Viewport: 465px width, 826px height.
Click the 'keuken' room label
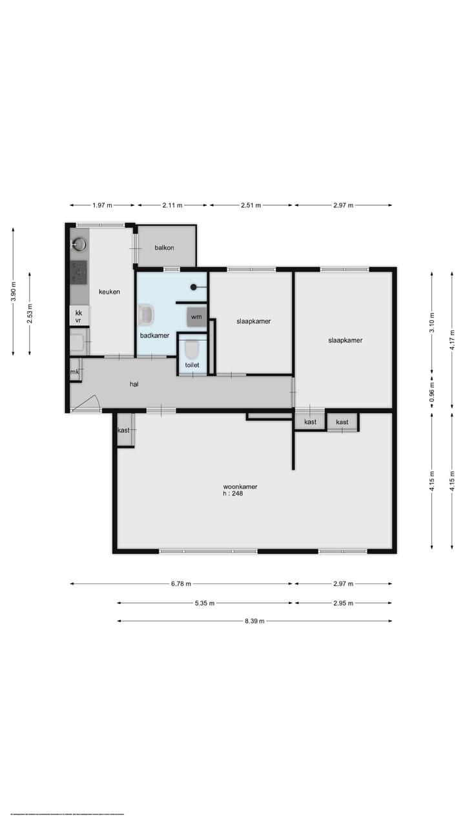pyautogui.click(x=109, y=292)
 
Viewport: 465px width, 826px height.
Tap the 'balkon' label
pyautogui.click(x=165, y=248)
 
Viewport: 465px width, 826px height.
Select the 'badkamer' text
pyautogui.click(x=154, y=336)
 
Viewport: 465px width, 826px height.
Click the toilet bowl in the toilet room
pyautogui.click(x=192, y=350)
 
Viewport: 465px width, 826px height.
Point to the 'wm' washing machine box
pyautogui.click(x=196, y=317)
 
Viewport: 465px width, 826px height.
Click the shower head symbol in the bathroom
pyautogui.click(x=193, y=287)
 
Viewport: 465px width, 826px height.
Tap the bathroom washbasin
pyautogui.click(x=147, y=315)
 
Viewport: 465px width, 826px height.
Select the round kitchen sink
pyautogui.click(x=79, y=244)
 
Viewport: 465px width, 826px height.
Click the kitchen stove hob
pyautogui.click(x=79, y=272)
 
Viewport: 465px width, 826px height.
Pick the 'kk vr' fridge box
pyautogui.click(x=79, y=316)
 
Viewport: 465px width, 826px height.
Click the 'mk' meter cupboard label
pyautogui.click(x=75, y=372)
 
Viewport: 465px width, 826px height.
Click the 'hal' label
pyautogui.click(x=134, y=383)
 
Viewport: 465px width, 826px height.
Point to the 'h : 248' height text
pyautogui.click(x=232, y=494)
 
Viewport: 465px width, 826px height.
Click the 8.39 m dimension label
pyautogui.click(x=254, y=621)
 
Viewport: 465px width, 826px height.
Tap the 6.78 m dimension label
pyautogui.click(x=181, y=584)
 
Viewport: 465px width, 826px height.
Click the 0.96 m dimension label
pyautogui.click(x=432, y=389)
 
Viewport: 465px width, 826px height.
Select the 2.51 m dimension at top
pyautogui.click(x=250, y=205)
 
